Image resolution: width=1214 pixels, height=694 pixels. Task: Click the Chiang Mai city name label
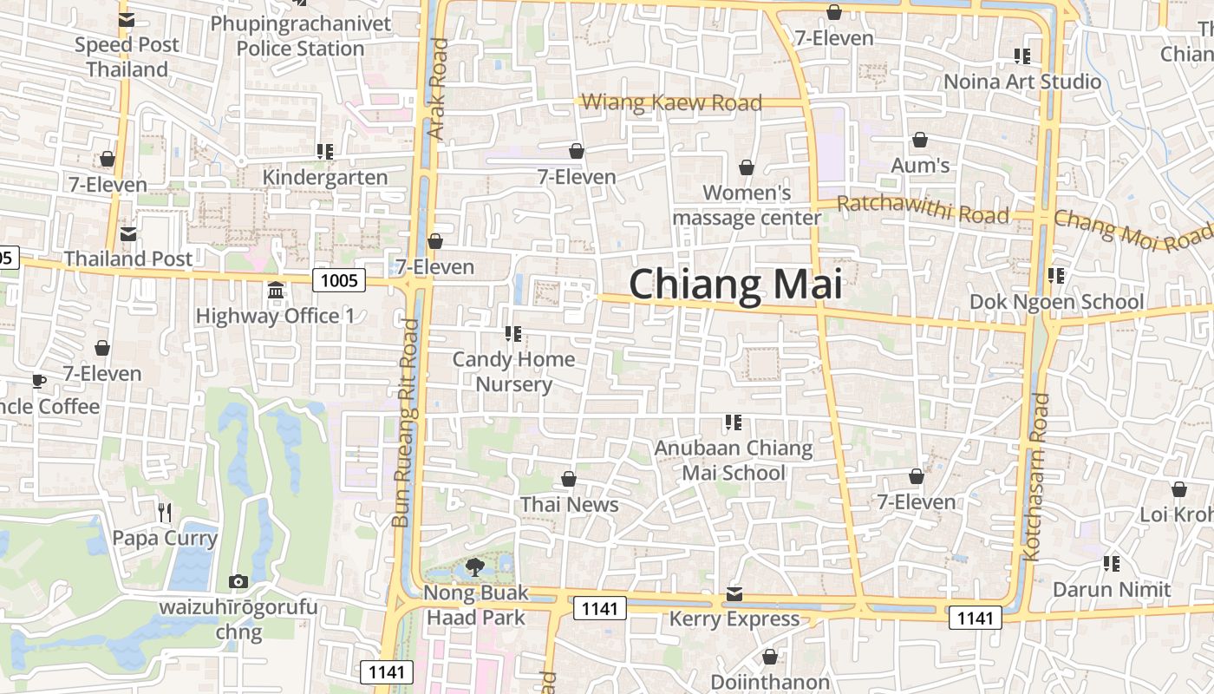tap(735, 285)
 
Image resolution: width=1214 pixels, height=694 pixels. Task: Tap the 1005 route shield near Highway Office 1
tap(339, 280)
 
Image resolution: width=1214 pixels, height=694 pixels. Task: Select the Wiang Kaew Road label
tap(671, 102)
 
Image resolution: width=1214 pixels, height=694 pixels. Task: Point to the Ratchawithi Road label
tap(924, 210)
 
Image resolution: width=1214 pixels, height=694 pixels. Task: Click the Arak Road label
tap(437, 88)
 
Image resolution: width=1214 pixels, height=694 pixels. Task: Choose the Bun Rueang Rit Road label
tap(405, 423)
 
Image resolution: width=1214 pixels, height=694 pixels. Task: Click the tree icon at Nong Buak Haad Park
tap(474, 568)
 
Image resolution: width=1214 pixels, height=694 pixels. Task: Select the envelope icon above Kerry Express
tap(734, 594)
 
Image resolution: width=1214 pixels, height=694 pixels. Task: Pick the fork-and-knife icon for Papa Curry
tap(165, 513)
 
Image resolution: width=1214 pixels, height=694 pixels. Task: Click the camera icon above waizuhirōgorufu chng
tap(238, 581)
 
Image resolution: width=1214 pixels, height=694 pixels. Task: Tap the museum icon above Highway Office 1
tap(276, 290)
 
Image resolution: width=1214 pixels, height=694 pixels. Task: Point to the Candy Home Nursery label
tap(513, 371)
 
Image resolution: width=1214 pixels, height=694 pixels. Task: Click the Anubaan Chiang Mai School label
tap(734, 461)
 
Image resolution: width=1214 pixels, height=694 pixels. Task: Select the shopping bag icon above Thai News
tap(569, 479)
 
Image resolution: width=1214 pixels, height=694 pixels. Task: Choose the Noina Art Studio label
tap(1022, 82)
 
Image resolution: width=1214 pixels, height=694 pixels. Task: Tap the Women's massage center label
tap(747, 205)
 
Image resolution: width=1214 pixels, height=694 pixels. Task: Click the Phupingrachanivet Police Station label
tap(301, 36)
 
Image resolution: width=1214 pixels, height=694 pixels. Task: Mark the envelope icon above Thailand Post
tap(128, 234)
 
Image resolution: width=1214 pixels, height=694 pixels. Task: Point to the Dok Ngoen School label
tap(1056, 302)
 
